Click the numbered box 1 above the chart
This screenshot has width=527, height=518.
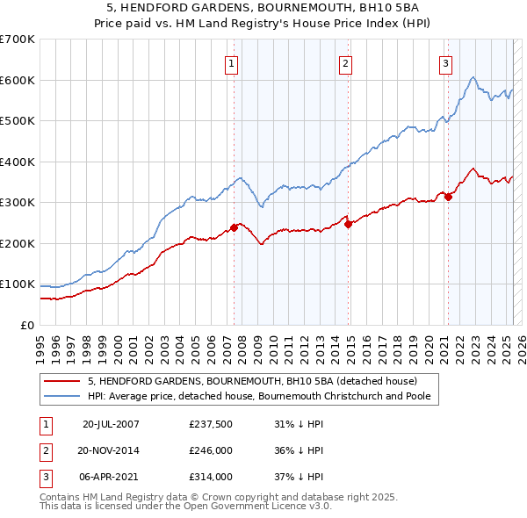[230, 62]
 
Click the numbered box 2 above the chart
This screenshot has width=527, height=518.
[346, 62]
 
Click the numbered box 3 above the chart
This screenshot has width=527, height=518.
[446, 62]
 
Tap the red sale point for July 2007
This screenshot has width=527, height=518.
[235, 228]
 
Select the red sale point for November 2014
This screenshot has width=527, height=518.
[348, 224]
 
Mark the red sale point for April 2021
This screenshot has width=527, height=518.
[447, 197]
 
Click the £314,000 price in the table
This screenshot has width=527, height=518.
[210, 477]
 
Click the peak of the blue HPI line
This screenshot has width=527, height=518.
[473, 77]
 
